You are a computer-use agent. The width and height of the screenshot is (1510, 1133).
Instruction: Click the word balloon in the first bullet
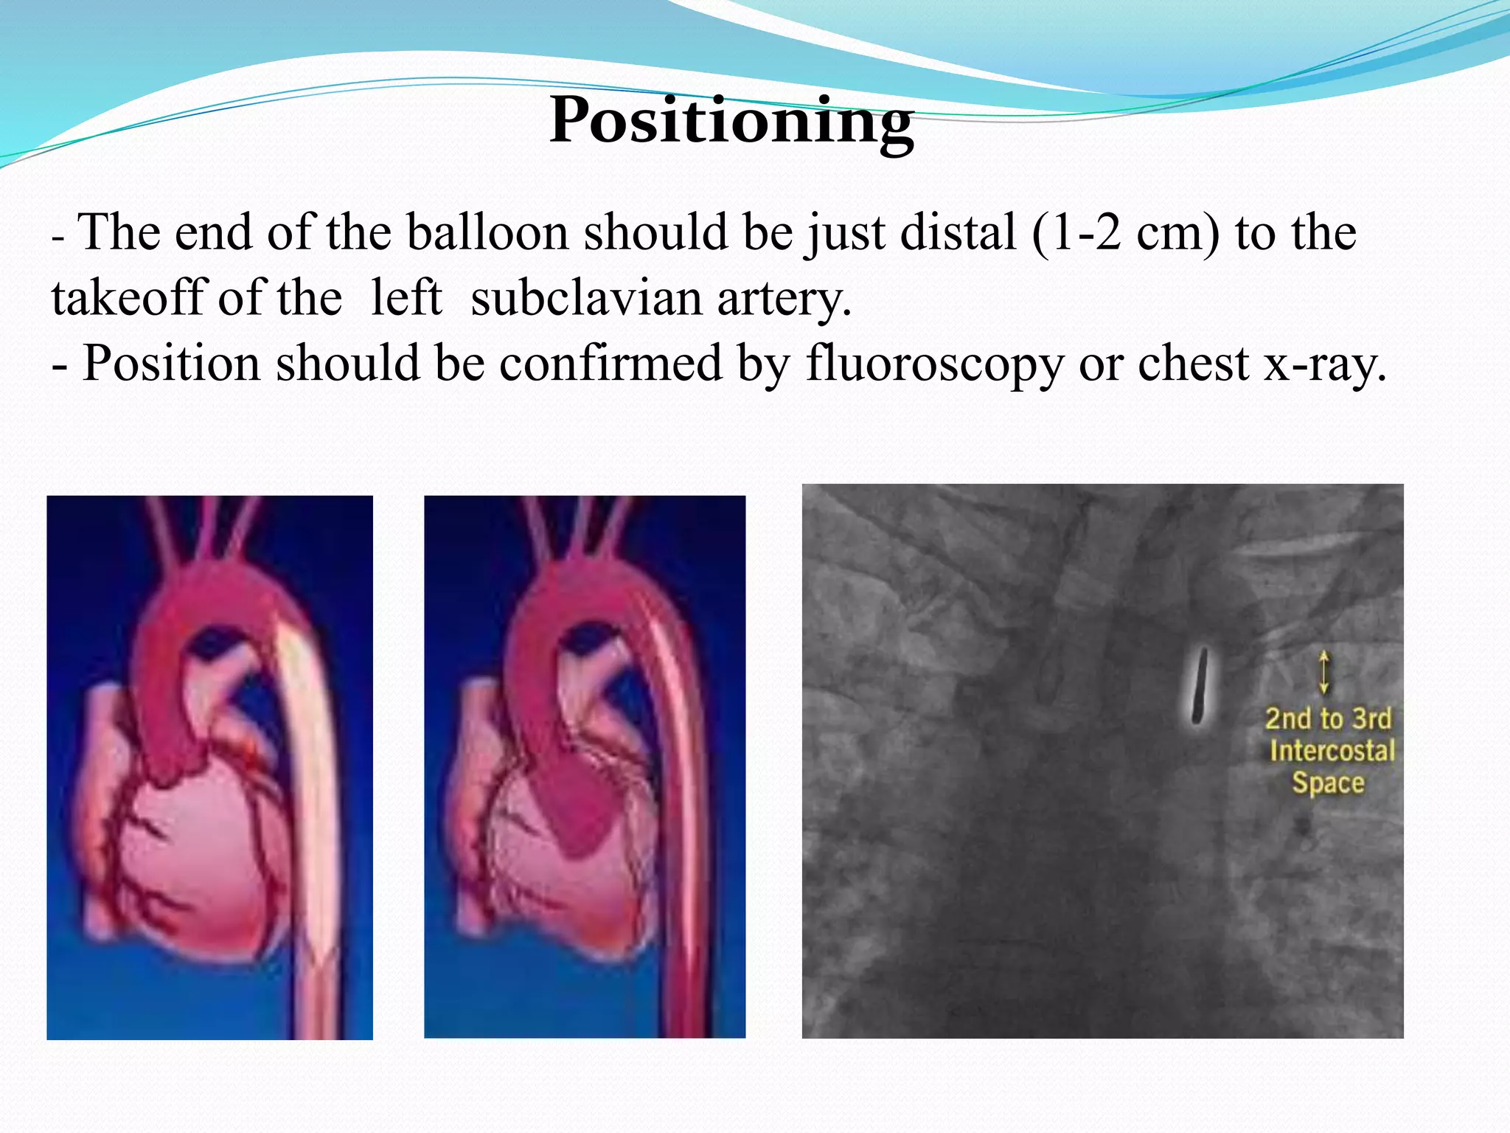pos(487,233)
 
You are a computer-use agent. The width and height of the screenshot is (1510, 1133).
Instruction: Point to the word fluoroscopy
pos(935,364)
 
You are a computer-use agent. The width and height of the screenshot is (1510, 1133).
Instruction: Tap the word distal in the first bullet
pos(912,233)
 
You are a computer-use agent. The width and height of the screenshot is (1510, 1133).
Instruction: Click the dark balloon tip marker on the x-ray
pos(1200,686)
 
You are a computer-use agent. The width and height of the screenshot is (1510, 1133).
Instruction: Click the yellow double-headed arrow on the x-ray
pos(1324,671)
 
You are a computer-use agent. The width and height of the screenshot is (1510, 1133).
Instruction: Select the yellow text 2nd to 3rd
pos(1328,718)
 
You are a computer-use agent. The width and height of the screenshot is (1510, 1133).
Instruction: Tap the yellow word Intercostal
pos(1332,751)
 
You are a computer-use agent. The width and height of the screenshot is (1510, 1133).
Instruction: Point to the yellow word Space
pos(1328,783)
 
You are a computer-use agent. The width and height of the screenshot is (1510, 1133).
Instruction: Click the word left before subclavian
pos(406,299)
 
